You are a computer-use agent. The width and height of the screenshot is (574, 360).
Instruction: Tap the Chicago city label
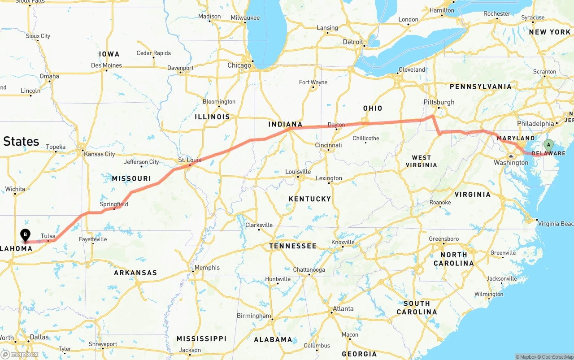(x=239, y=65)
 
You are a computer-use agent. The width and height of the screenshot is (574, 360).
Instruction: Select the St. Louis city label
(x=190, y=160)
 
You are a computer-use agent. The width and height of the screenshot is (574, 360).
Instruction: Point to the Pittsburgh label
(x=439, y=102)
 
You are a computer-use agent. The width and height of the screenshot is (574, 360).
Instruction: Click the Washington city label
(x=511, y=163)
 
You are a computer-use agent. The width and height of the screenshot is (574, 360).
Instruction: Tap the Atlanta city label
(x=343, y=308)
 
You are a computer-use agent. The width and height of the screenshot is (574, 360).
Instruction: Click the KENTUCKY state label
(x=310, y=199)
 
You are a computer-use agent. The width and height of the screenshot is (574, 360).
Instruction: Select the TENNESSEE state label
(x=293, y=246)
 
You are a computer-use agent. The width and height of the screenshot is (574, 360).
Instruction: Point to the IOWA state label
(x=109, y=54)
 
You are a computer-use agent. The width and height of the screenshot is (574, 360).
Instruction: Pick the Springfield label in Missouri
(x=114, y=204)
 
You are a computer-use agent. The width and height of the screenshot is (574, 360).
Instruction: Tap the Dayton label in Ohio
(x=336, y=125)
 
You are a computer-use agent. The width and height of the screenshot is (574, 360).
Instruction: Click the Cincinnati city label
(x=328, y=145)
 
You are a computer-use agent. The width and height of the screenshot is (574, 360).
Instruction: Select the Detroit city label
(x=353, y=42)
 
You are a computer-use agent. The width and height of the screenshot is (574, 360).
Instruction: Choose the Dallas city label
(x=39, y=337)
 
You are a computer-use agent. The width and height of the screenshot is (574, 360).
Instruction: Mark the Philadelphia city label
(x=535, y=123)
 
